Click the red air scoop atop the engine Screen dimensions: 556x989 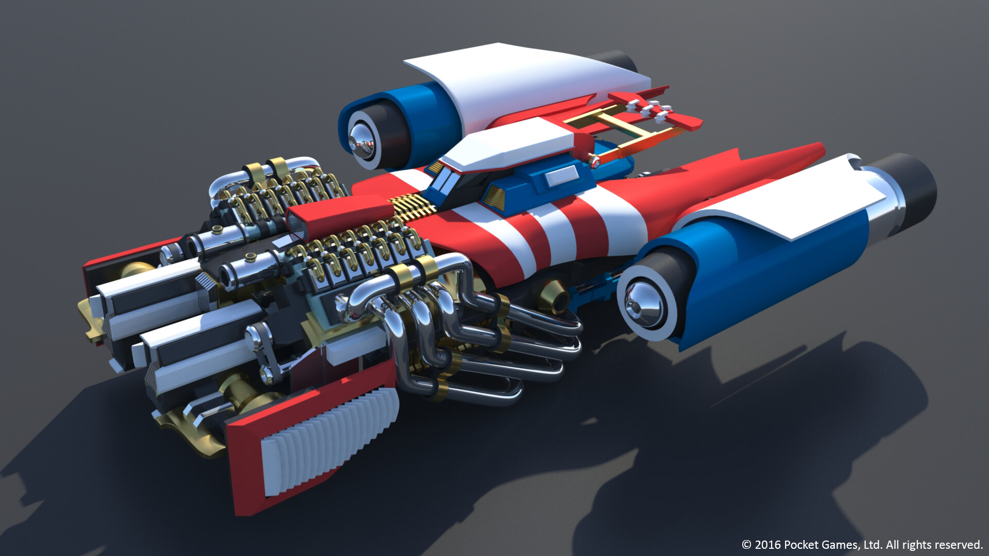click(337, 215)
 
